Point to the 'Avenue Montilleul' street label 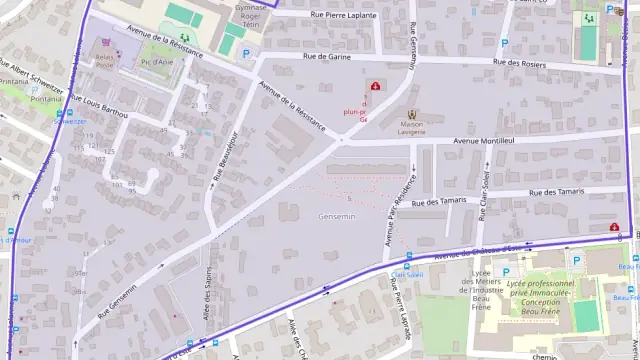point(483,141)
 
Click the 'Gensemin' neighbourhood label point(336,216)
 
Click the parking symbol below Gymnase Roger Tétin point(247,54)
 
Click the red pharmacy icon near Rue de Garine point(375,86)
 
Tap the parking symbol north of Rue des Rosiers point(504,43)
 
